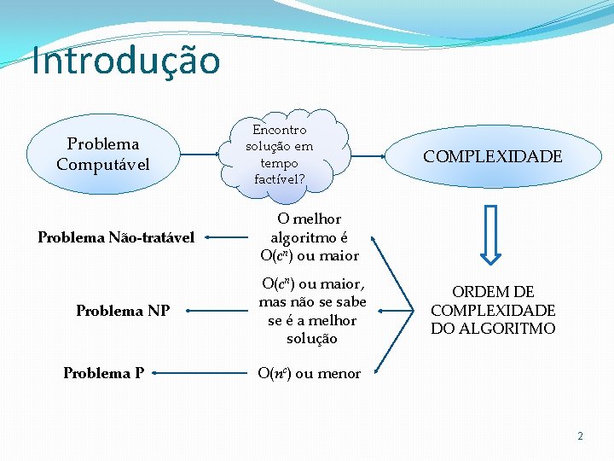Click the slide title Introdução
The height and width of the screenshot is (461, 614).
click(126, 61)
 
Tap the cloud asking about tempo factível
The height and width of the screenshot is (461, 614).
click(280, 155)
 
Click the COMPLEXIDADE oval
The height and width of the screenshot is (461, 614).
click(493, 156)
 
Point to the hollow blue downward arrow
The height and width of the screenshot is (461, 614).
click(492, 233)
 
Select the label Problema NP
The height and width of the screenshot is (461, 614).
click(123, 311)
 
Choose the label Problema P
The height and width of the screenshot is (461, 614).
click(103, 373)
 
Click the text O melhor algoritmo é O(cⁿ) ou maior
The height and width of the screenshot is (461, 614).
click(310, 237)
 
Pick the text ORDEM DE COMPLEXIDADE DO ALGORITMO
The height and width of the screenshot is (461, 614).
click(493, 311)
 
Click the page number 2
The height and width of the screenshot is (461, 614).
click(580, 436)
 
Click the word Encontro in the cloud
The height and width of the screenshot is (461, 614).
click(280, 130)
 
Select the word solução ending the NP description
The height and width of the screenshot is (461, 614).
click(312, 339)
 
